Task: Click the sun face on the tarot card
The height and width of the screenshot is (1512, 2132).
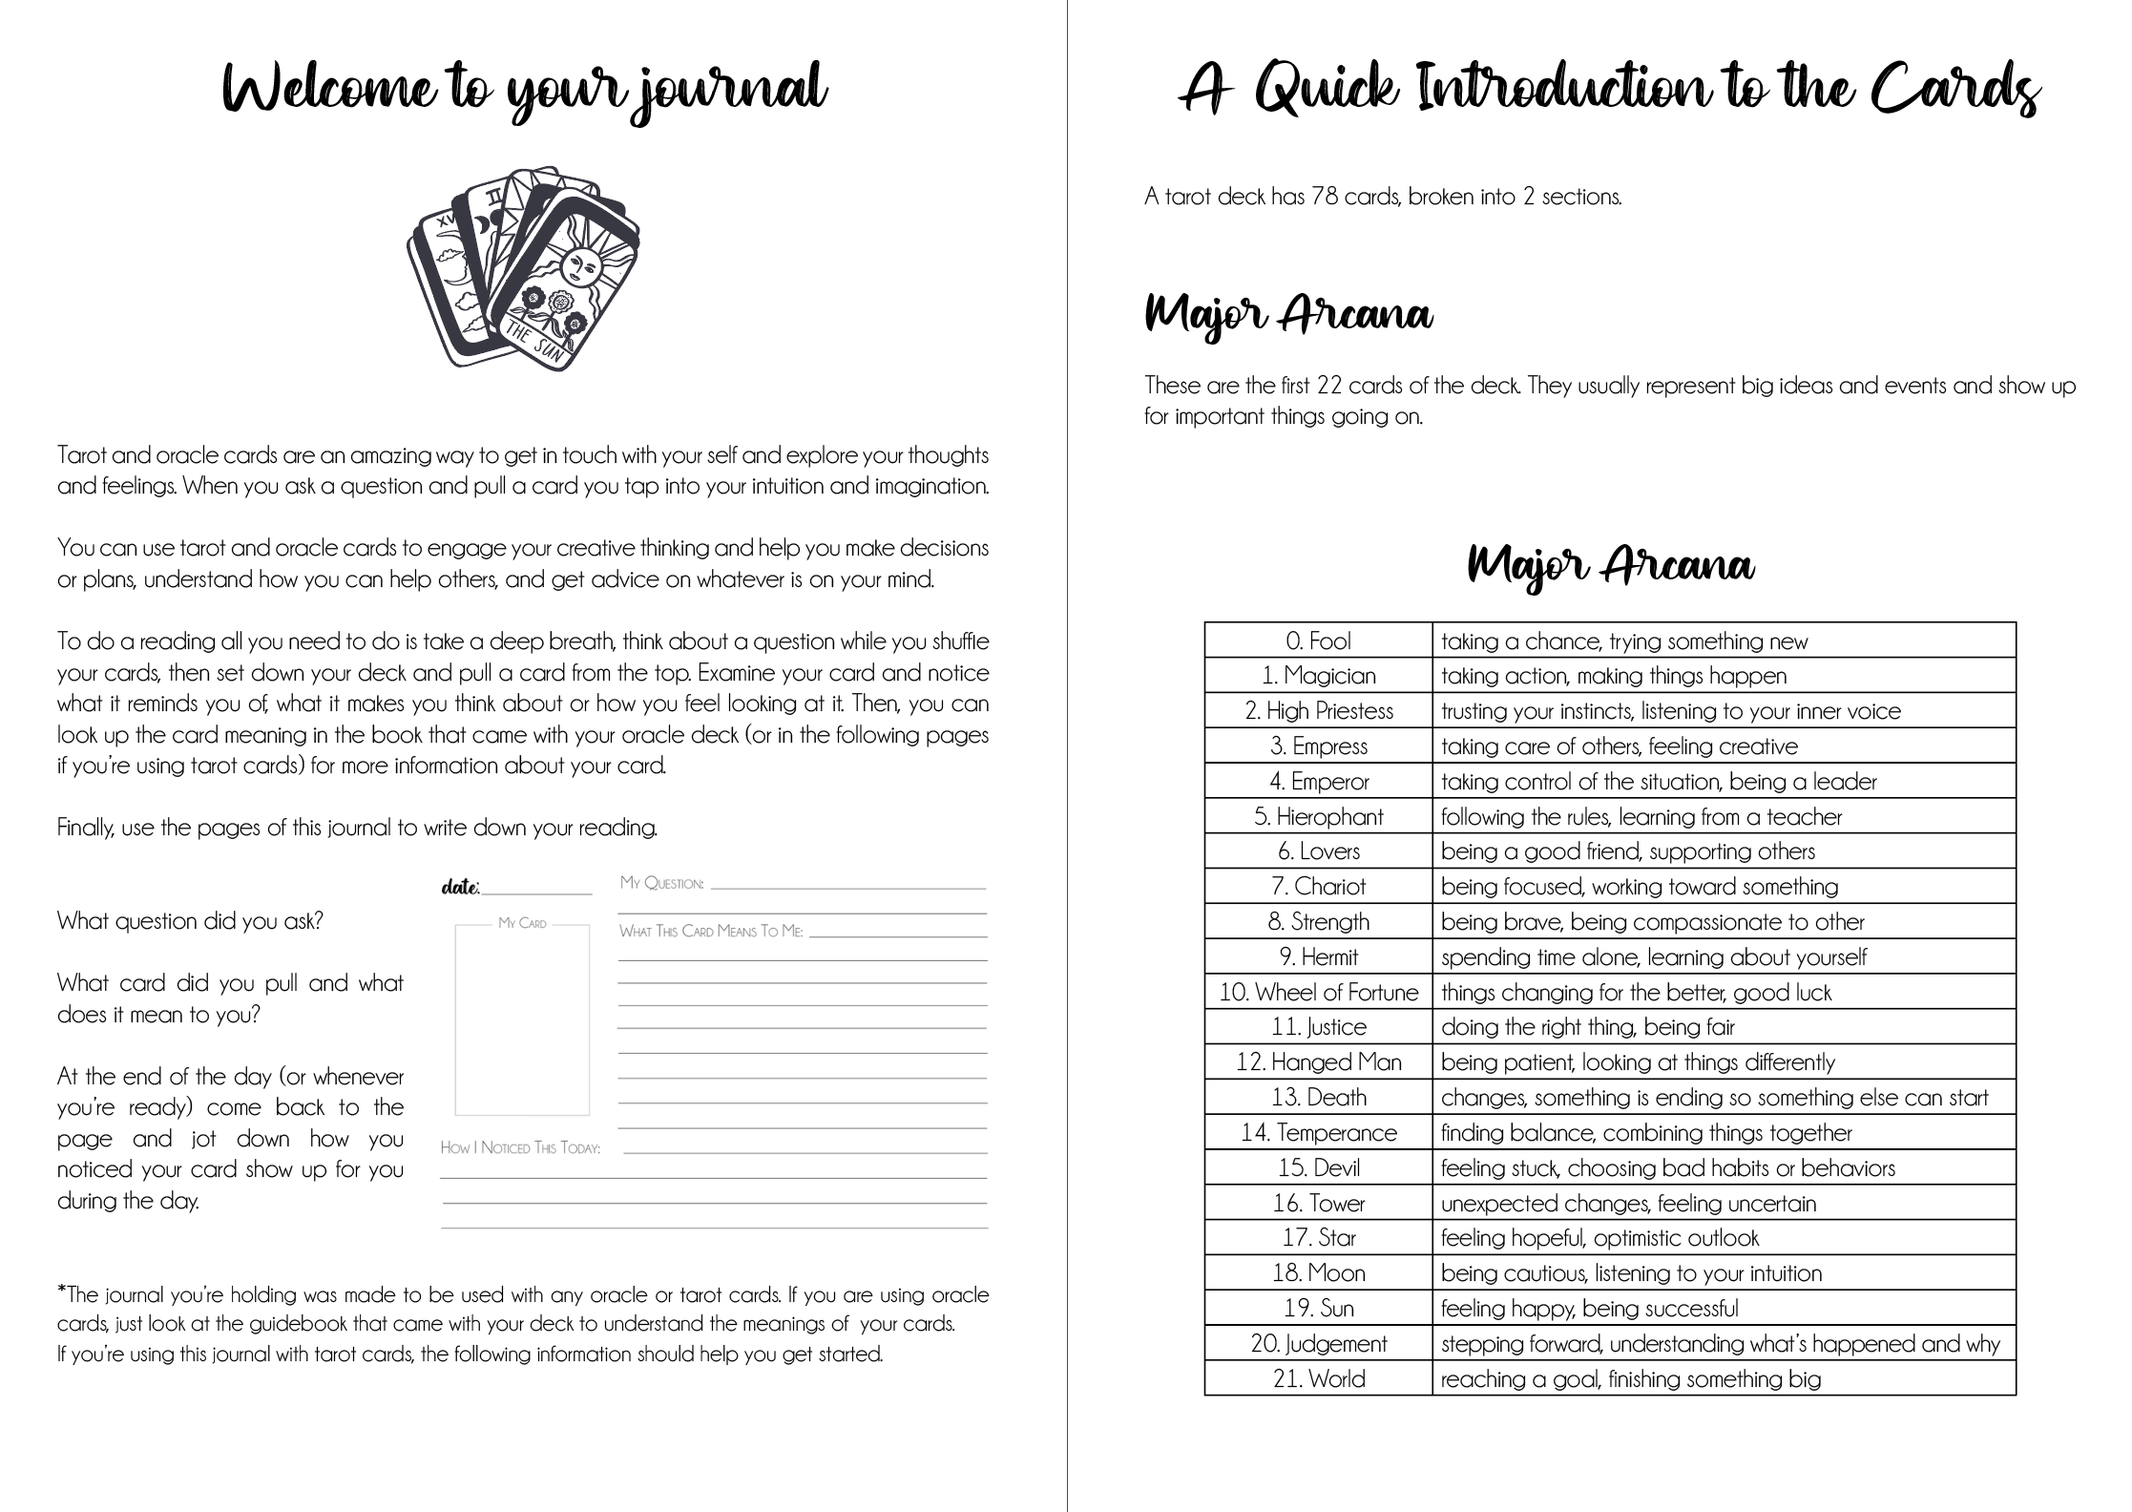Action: (x=578, y=264)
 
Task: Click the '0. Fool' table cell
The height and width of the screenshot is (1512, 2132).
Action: (x=1318, y=641)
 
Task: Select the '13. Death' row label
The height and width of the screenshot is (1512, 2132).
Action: (x=1318, y=1098)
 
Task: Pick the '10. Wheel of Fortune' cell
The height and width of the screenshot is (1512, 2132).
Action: (x=1318, y=993)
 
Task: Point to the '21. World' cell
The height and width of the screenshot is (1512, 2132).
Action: (x=1318, y=1379)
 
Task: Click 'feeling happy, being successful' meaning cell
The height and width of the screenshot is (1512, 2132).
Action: (x=1589, y=1309)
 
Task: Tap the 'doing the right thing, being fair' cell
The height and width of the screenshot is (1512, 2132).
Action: (x=1587, y=1028)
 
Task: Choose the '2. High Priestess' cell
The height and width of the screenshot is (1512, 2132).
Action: (x=1318, y=711)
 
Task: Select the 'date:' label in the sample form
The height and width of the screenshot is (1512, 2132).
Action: (x=460, y=888)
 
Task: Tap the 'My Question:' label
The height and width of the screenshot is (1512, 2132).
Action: (x=662, y=883)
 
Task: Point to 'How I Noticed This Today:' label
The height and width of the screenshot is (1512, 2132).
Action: (x=520, y=1147)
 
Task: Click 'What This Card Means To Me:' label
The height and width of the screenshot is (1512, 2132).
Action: (x=711, y=931)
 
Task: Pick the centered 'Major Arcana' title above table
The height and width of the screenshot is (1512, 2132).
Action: (x=1610, y=565)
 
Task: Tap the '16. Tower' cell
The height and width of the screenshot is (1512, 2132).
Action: (x=1318, y=1204)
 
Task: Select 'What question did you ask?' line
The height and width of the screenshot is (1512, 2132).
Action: (x=190, y=921)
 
